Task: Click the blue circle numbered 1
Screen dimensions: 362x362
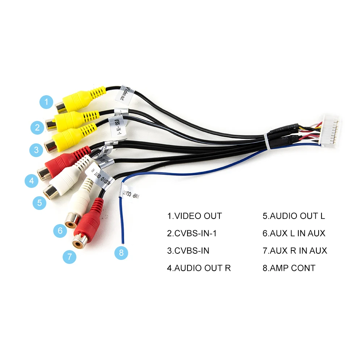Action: pos(46,102)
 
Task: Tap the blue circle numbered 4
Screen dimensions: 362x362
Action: pos(32,180)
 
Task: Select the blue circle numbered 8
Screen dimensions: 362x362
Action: pos(121,252)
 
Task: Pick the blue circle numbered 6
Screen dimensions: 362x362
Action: pos(60,231)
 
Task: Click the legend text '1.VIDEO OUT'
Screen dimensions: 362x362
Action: pos(194,216)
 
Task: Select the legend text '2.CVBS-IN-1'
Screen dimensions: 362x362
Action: pos(192,233)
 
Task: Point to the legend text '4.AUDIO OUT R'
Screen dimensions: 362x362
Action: pos(199,268)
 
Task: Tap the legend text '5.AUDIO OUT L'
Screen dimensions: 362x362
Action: pos(294,216)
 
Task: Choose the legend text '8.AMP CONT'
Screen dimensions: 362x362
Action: pos(289,268)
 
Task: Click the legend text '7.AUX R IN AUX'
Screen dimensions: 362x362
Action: pos(295,251)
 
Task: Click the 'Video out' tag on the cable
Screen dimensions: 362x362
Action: pos(125,93)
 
